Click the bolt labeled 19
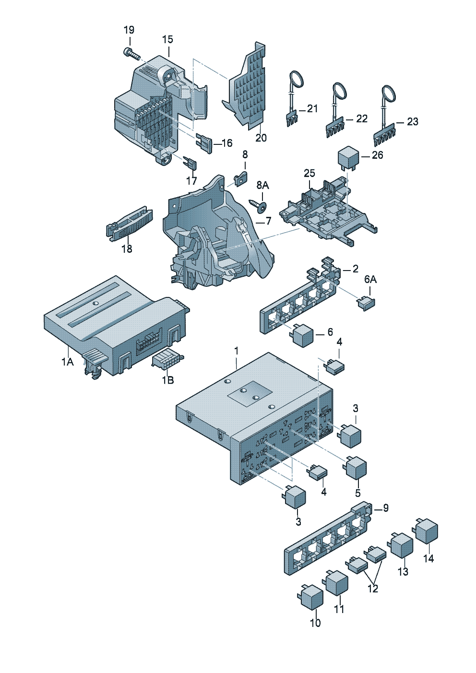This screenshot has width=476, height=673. (131, 54)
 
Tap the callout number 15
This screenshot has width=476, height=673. (168, 39)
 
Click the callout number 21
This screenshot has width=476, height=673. (312, 108)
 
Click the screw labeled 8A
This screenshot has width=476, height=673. (259, 206)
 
